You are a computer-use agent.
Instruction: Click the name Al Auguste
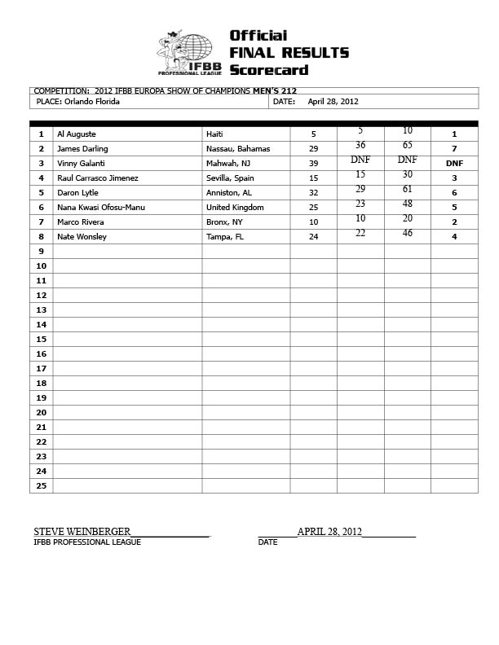77,134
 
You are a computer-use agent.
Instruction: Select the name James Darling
82,149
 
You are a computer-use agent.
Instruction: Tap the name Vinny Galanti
81,164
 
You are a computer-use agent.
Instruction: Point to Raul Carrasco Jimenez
97,178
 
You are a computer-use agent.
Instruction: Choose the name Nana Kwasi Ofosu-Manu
100,208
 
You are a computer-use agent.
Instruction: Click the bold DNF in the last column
454,164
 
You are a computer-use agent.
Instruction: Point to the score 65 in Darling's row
407,145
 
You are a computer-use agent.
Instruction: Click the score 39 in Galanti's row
313,164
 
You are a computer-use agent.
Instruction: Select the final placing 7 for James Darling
454,149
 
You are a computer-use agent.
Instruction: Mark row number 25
41,486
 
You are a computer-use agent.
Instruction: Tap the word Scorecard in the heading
268,71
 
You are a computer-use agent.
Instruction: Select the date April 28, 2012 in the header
333,103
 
